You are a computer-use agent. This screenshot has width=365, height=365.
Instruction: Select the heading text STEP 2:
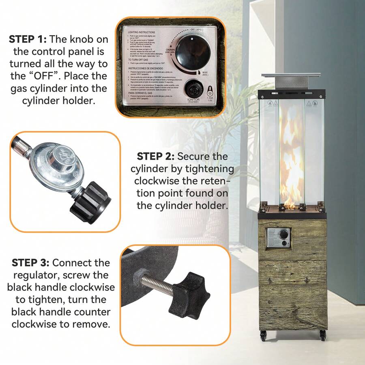coord(156,156)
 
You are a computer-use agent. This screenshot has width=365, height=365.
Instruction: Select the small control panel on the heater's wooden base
coord(278,238)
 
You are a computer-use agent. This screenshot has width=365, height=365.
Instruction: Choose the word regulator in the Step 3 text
coord(30,275)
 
